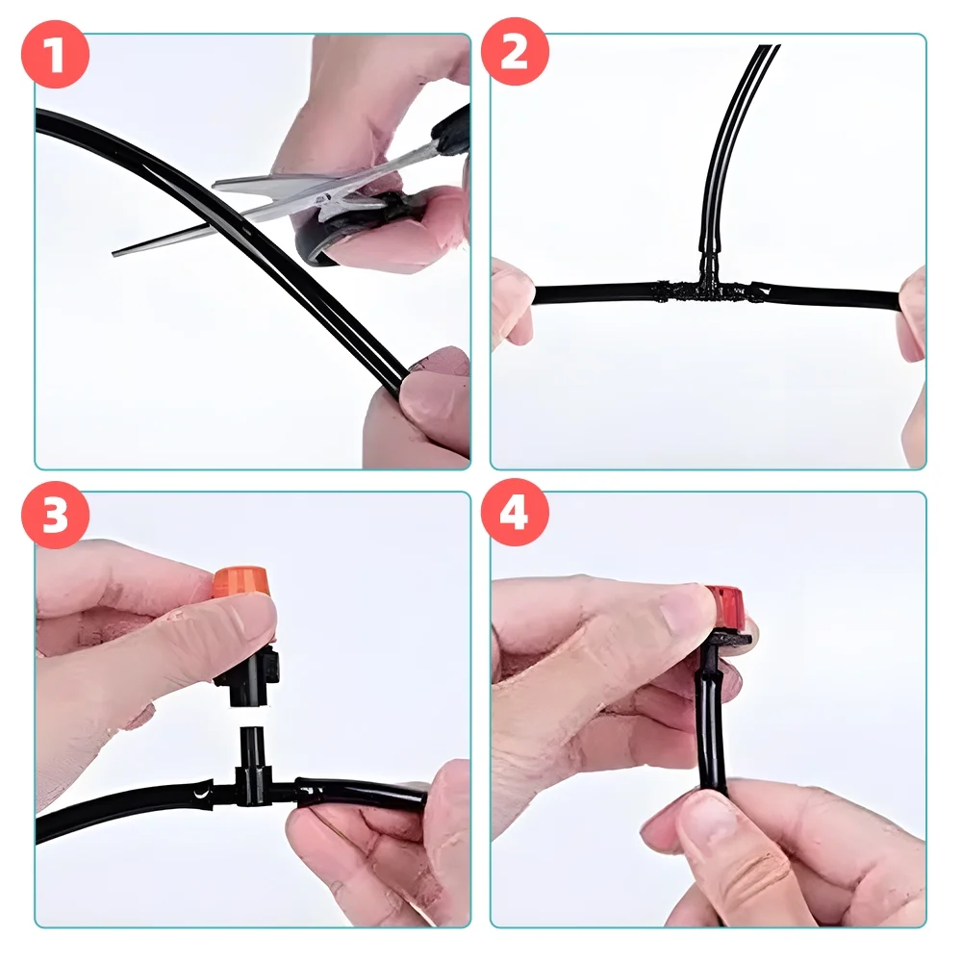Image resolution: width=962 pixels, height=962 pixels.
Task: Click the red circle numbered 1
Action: coord(55,55)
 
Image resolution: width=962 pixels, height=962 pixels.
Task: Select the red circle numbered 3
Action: coord(55,514)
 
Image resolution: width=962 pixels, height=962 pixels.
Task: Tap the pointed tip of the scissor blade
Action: coord(114,252)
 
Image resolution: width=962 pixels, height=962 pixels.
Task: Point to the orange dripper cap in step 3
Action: coord(240,584)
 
